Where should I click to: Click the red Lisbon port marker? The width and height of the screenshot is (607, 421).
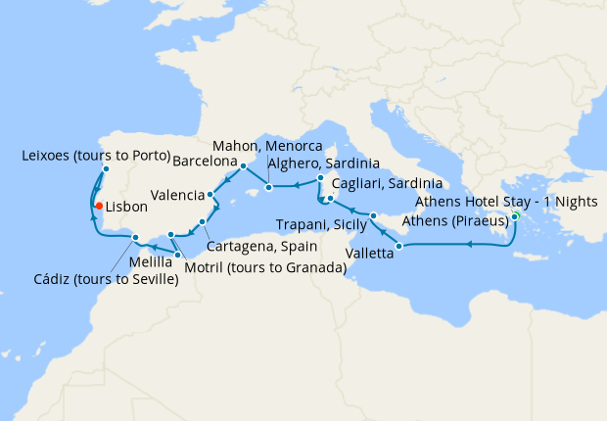pos(98,205)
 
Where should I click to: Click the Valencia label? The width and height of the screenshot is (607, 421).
pos(177,194)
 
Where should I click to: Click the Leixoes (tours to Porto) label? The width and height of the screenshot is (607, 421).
pos(96,156)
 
